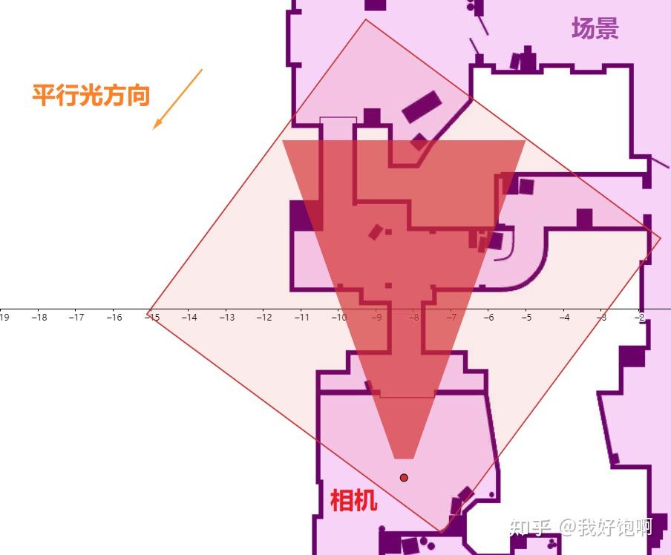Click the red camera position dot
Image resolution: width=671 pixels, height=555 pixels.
[404, 478]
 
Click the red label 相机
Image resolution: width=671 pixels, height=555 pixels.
[353, 501]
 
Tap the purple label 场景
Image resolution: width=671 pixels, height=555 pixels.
[595, 29]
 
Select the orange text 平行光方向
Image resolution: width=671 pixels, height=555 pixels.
[91, 95]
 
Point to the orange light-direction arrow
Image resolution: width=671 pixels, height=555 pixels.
[177, 99]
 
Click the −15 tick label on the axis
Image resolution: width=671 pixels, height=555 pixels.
[151, 318]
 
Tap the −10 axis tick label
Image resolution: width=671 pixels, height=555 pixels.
[339, 318]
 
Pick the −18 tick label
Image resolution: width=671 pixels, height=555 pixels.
[39, 318]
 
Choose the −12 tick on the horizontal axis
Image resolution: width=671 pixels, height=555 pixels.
[264, 318]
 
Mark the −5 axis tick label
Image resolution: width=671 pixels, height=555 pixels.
[526, 318]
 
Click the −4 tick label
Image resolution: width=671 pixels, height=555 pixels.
[564, 318]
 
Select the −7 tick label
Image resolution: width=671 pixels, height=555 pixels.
[451, 318]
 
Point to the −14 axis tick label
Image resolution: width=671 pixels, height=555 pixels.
[189, 318]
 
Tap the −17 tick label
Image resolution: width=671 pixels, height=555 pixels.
[76, 318]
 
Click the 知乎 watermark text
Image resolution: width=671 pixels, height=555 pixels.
[529, 527]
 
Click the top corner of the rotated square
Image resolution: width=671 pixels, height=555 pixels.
[365, 19]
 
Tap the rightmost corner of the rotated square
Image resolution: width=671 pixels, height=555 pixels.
[661, 239]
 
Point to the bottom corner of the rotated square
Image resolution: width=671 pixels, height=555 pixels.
[441, 532]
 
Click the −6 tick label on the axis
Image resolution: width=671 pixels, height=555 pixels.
[489, 318]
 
